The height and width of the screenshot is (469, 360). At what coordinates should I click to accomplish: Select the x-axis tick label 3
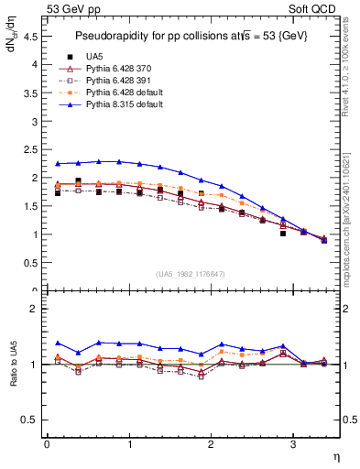292,444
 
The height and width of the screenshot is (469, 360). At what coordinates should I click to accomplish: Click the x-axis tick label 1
128,444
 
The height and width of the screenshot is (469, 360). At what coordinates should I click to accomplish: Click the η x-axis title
334,456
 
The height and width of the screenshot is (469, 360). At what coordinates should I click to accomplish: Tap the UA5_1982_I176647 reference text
192,274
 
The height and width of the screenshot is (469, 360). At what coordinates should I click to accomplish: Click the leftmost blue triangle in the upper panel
57,164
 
